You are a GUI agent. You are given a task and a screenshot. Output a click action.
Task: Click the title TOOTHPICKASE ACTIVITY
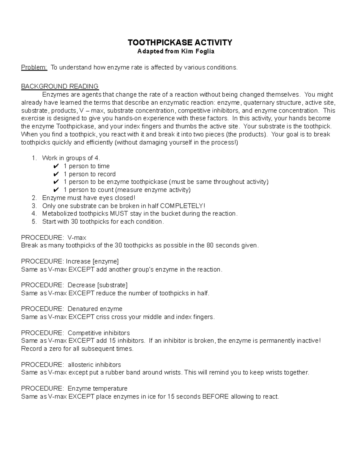pos(180,42)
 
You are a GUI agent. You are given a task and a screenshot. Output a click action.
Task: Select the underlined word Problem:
pos(34,67)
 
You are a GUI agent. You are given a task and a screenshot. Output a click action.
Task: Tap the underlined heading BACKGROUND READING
pos(60,86)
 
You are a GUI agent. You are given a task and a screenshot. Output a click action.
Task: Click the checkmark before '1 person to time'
pos(55,166)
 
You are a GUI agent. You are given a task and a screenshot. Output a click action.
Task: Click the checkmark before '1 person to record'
pos(55,174)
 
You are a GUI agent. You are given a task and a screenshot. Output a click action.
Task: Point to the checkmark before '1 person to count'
pos(55,190)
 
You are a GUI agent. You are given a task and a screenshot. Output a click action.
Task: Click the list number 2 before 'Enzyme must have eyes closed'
pos(34,198)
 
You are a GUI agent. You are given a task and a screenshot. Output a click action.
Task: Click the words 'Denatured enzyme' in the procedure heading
pos(95,309)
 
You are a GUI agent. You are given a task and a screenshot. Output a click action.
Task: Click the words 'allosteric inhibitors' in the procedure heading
pos(94,365)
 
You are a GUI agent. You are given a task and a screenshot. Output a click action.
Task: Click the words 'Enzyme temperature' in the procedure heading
pos(97,389)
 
